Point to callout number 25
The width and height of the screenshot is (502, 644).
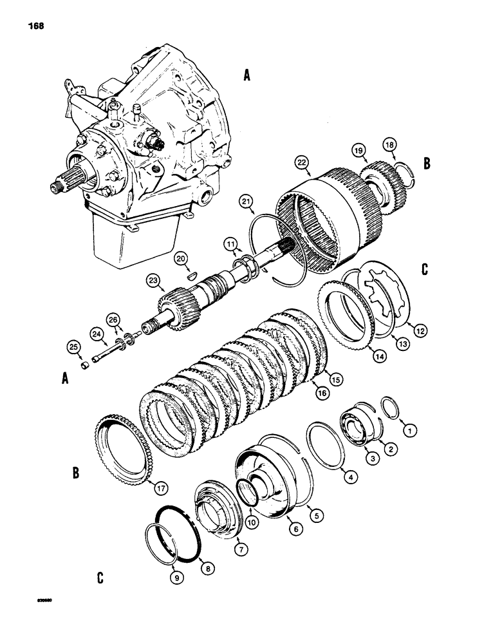pyautogui.click(x=73, y=348)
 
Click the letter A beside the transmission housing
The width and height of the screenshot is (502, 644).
pyautogui.click(x=246, y=77)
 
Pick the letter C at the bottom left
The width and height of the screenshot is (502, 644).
pyautogui.click(x=100, y=577)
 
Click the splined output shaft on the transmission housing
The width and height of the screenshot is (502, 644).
pyautogui.click(x=66, y=173)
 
